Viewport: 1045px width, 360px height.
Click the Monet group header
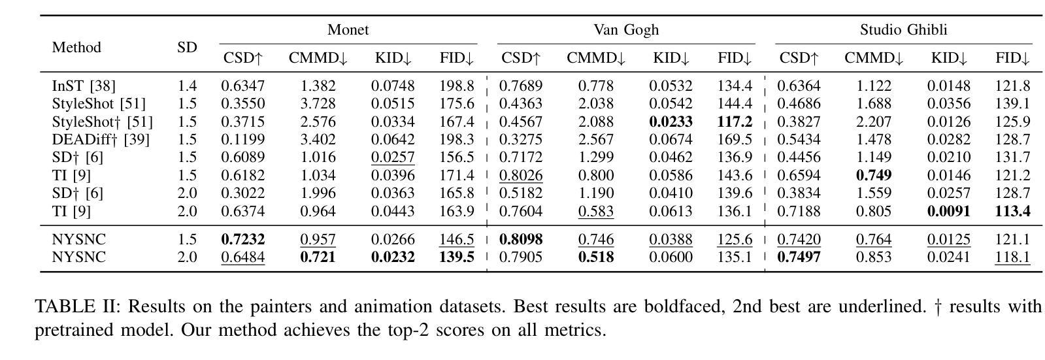click(348, 30)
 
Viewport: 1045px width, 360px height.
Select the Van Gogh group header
click(625, 30)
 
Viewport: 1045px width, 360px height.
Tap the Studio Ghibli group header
click(903, 30)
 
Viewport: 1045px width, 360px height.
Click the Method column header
click(76, 48)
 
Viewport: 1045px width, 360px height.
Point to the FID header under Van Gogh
click(735, 58)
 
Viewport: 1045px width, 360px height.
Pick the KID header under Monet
click(393, 58)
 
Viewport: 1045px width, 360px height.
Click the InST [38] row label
click(84, 86)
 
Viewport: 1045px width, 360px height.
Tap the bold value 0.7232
click(242, 240)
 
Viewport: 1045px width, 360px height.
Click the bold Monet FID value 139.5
click(457, 257)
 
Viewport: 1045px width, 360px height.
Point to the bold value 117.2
click(735, 122)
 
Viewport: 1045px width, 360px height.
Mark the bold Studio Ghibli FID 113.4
click(1012, 211)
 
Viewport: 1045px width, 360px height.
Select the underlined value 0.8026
click(521, 175)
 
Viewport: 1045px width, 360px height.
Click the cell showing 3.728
click(318, 104)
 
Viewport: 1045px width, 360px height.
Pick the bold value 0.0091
click(948, 211)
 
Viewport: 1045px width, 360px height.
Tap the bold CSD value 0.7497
click(799, 257)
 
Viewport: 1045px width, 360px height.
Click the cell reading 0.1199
click(242, 139)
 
